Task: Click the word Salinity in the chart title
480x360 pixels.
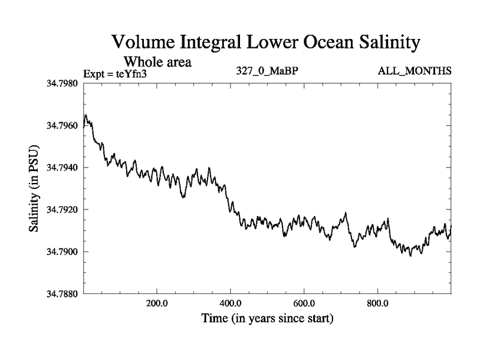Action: tap(383, 43)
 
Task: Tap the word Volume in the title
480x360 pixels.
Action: tap(144, 43)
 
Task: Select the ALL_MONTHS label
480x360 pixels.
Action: tap(414, 71)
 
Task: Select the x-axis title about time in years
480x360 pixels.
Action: tap(267, 318)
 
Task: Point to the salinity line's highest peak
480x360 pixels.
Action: tap(86, 115)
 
